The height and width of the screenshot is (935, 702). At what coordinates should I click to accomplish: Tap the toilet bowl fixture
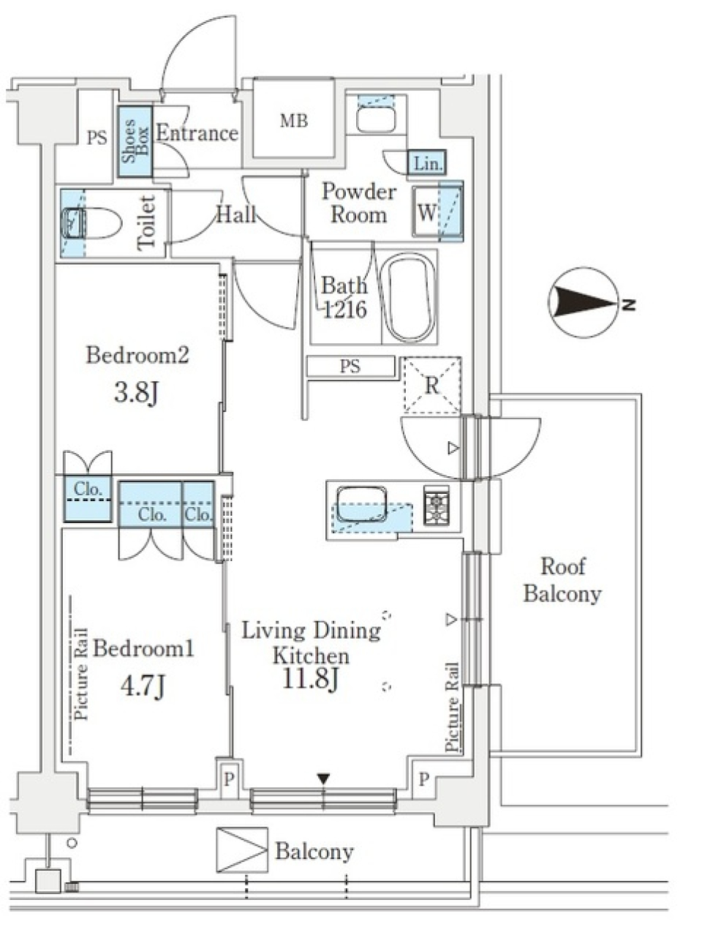coord(92,223)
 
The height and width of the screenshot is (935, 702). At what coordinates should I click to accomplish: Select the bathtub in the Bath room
coord(408,297)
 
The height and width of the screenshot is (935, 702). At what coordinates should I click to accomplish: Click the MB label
coord(294,121)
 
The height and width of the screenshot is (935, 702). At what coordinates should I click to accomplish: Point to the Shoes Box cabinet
coord(135,141)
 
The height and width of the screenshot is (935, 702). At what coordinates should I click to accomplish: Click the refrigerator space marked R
coord(431,385)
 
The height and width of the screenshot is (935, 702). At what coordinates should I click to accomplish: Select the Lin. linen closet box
coord(427,162)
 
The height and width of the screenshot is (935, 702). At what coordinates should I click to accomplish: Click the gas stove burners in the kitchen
coord(437,505)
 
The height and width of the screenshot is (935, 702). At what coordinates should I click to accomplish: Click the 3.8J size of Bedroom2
coord(136,393)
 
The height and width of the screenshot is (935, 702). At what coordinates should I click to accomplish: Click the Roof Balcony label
coord(562,580)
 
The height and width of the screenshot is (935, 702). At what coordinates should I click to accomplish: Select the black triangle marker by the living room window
coord(323,779)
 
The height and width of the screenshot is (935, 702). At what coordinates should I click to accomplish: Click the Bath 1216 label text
coord(344,297)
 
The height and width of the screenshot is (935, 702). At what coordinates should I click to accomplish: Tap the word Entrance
coord(197,133)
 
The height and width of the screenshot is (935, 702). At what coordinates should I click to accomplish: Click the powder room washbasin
coord(376,119)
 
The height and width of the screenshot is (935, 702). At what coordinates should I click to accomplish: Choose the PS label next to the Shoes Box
coord(97,138)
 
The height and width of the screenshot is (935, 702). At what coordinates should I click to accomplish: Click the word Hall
coord(237,214)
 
